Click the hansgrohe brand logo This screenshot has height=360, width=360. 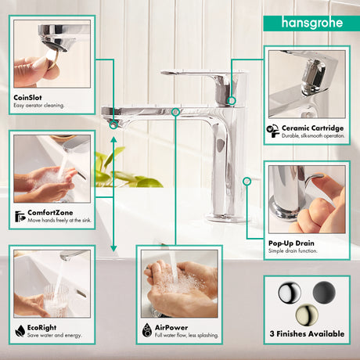click(312, 23)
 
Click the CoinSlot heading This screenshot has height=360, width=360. click(27, 98)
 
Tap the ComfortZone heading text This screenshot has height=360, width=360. click(50, 213)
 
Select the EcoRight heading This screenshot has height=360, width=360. click(41, 327)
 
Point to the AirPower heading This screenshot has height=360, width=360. click(171, 327)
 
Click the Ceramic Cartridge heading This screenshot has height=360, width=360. click(312, 128)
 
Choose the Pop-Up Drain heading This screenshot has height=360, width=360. click(291, 243)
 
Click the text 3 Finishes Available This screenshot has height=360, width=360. click(307, 333)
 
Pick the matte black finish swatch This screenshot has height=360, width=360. click(324, 292)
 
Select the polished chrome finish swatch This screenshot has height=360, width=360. click(290, 292)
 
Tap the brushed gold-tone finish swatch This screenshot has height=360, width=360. click(307, 315)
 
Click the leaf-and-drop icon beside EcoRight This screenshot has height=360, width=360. click(20, 330)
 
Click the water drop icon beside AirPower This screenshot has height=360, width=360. click(147, 330)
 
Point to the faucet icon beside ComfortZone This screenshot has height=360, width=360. click(20, 216)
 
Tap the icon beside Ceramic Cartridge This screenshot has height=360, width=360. click(273, 131)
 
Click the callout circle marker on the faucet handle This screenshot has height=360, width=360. click(232, 100)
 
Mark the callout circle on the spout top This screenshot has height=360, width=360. click(176, 112)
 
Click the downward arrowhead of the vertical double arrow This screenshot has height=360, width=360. click(113, 248)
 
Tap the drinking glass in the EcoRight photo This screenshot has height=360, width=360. click(56, 301)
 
